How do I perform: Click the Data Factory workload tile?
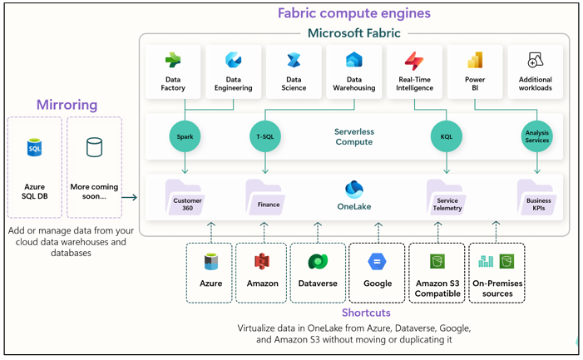click(173, 72)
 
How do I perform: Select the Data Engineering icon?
click(233, 62)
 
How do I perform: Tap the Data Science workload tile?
click(293, 72)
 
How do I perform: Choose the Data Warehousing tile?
click(353, 72)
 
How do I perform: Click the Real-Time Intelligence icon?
click(414, 62)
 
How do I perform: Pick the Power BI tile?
click(475, 72)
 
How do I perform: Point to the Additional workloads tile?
click(535, 72)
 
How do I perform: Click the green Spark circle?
click(185, 136)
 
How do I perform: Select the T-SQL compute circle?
click(266, 136)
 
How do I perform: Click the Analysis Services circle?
click(536, 136)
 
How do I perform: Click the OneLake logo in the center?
click(353, 190)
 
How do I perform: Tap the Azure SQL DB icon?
click(34, 149)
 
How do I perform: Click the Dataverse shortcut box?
click(317, 272)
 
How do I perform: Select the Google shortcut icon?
click(377, 262)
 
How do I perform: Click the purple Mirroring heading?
click(67, 105)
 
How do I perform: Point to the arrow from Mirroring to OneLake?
click(129, 197)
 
